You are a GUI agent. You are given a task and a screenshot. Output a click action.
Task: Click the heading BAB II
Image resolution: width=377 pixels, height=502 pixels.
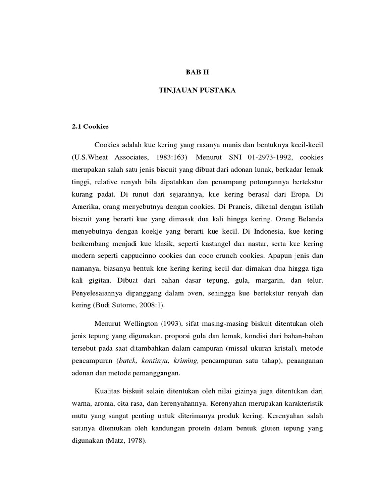click(x=193, y=72)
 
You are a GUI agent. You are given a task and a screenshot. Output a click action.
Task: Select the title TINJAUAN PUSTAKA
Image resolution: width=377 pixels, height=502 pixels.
click(x=193, y=91)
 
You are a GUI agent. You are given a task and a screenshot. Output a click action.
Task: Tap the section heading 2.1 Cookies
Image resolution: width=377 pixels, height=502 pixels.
click(x=90, y=126)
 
